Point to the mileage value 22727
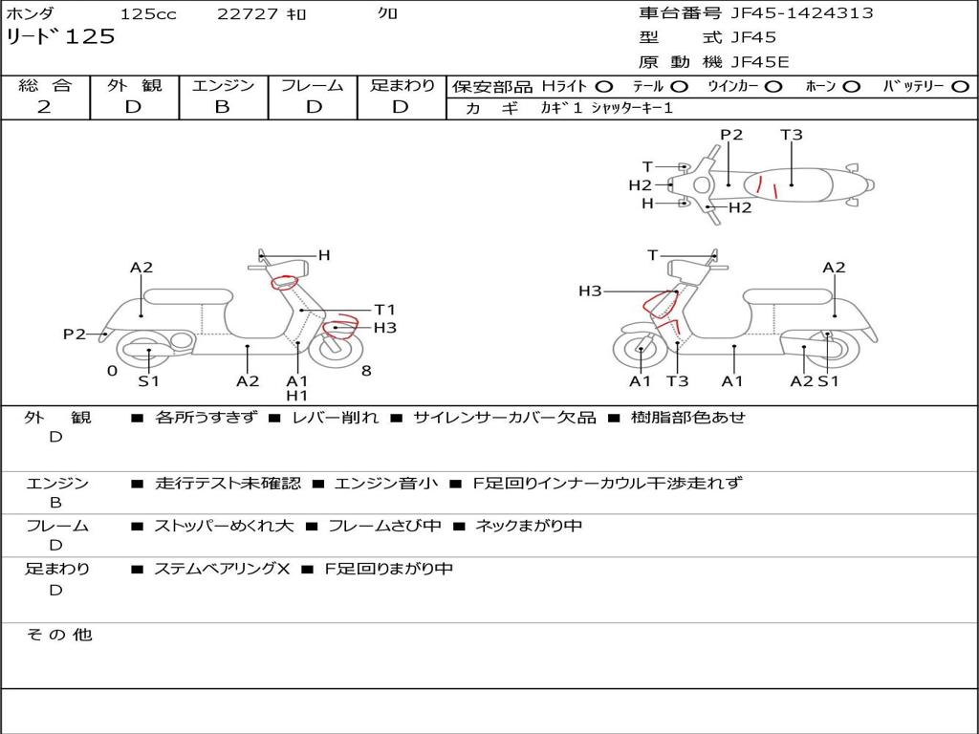point(248,13)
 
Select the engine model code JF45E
point(760,62)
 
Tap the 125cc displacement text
point(148,13)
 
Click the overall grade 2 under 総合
point(44,107)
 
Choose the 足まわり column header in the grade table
point(402,85)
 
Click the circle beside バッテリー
point(960,86)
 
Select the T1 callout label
point(384,310)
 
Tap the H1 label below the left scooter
point(297,396)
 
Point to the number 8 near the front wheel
point(366,371)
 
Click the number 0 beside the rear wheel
point(112,371)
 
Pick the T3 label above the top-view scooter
point(791,135)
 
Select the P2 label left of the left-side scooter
point(75,334)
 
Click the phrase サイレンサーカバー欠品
point(504,417)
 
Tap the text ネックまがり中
point(529,526)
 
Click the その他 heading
point(58,635)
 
